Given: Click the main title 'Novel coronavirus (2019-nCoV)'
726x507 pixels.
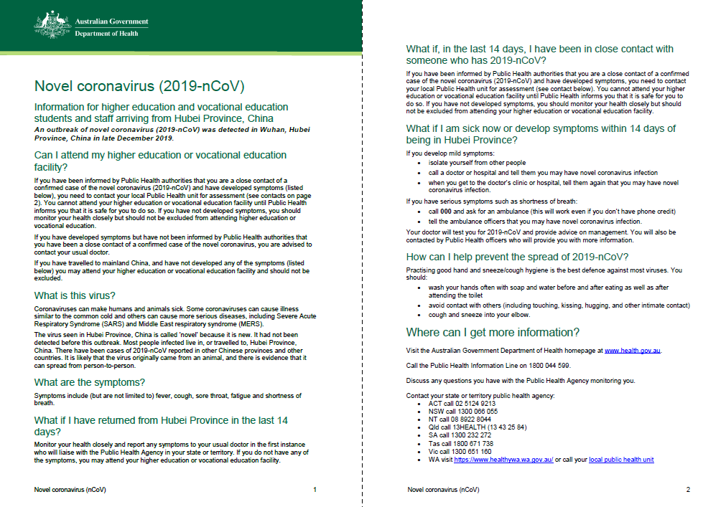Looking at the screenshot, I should point(139,87).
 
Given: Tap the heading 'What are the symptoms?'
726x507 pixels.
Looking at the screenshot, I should point(90,382).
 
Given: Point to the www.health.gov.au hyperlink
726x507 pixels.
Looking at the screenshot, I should point(632,351).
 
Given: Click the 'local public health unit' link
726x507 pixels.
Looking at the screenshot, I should point(621,460).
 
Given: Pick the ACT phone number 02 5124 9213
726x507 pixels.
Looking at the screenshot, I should point(474,404).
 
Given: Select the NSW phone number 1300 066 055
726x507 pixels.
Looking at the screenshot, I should point(477,412).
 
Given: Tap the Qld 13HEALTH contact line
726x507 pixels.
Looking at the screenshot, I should point(487,427).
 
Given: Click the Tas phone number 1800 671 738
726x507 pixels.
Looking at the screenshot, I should point(475,444).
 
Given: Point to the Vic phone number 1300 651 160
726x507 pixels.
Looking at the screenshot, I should point(474,452).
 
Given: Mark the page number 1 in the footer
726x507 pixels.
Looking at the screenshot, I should point(315,490).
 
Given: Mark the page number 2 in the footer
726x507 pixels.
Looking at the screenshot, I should point(687,490).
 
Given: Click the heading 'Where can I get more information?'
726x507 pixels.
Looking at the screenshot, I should point(493,332).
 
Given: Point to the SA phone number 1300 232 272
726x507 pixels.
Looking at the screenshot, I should point(473,435).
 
